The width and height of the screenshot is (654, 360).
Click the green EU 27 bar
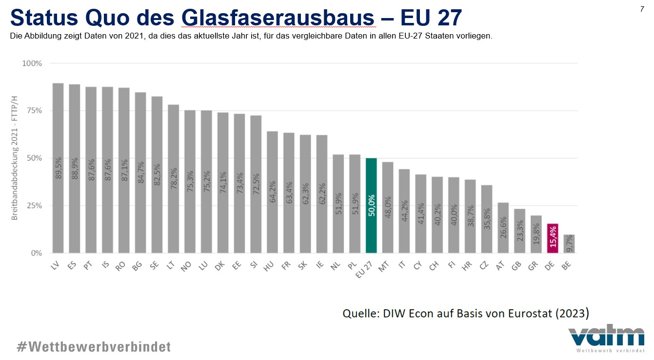point(371,205)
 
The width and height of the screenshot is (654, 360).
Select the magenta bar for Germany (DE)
point(553,238)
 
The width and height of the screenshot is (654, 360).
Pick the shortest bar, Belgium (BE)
point(569,244)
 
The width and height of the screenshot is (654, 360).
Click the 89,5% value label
point(58,168)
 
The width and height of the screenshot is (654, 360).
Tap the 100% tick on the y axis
point(32,63)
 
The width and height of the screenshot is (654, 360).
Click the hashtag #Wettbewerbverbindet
point(94,347)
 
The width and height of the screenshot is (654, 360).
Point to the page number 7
point(642,9)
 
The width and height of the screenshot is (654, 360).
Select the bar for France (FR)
point(289,193)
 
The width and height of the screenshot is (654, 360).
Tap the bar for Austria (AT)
point(503,228)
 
